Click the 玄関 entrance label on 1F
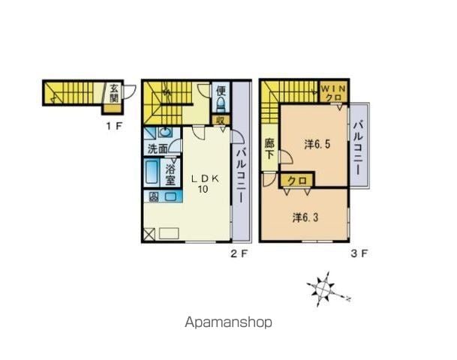tap(114, 93)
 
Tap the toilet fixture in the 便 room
tap(221, 104)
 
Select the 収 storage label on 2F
tap(221, 120)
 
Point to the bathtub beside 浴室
tap(152, 172)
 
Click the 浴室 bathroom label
tap(170, 175)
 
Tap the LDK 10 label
tap(204, 184)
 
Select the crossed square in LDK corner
tap(150, 234)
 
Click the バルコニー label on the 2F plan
tap(241, 175)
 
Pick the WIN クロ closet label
tap(334, 92)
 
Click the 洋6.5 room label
tap(317, 144)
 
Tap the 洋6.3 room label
tap(305, 217)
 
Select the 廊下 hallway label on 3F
tap(269, 148)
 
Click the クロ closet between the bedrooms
tap(297, 181)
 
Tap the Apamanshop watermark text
tap(228, 322)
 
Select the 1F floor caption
tap(113, 127)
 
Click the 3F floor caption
tap(359, 253)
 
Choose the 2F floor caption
tap(239, 254)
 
